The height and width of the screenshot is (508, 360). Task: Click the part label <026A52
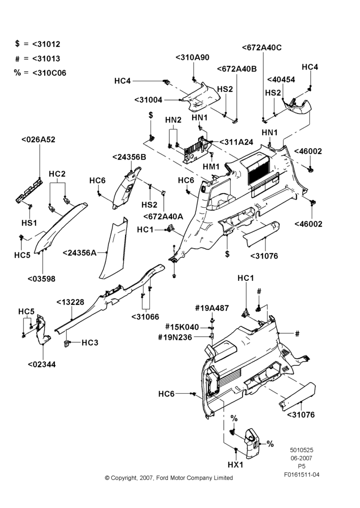click(38, 140)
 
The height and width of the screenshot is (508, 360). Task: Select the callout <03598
click(42, 278)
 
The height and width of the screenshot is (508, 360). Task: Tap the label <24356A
click(79, 252)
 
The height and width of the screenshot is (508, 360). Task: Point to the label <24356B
click(129, 157)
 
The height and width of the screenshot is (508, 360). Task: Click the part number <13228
click(70, 302)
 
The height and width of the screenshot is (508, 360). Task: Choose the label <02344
click(42, 364)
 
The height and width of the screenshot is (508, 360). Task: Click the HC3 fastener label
click(90, 342)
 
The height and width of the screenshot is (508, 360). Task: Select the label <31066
click(145, 317)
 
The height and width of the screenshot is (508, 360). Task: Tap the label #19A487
click(212, 308)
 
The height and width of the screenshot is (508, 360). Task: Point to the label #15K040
click(182, 327)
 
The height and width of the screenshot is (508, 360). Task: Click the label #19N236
click(175, 337)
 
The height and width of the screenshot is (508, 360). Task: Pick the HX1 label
click(235, 465)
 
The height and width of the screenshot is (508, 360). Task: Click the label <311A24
click(236, 142)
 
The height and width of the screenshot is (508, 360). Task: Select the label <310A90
click(192, 57)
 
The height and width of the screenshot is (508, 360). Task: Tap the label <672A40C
click(262, 48)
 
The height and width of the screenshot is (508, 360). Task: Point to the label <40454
click(281, 80)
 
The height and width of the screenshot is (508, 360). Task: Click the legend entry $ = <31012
click(38, 44)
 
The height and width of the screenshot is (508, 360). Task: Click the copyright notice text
click(169, 478)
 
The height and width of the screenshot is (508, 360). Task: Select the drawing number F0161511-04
click(302, 474)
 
